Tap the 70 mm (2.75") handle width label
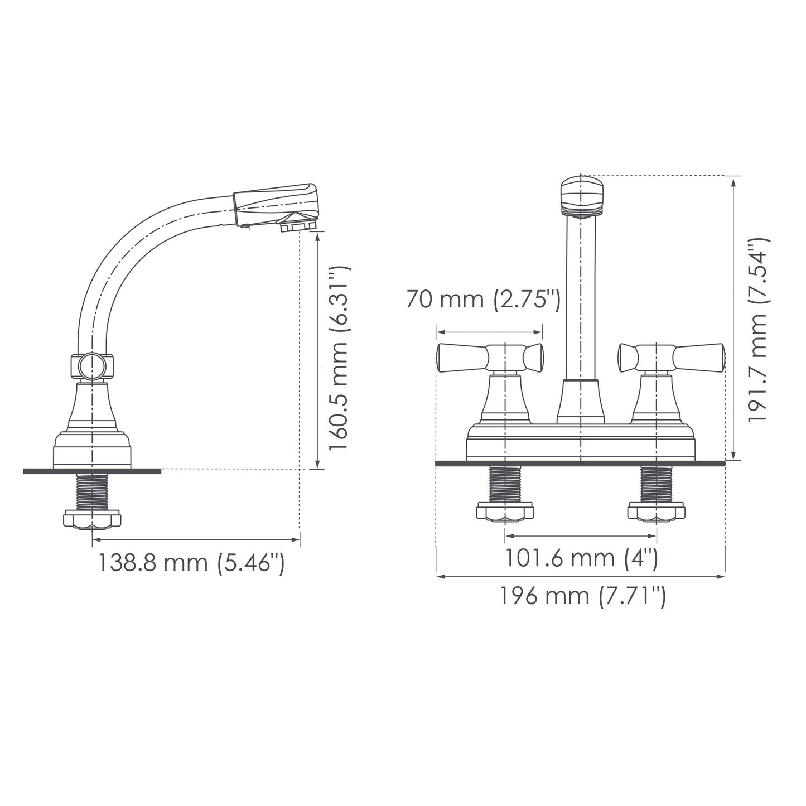point(482,300)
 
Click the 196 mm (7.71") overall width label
point(581,596)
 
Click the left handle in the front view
point(490,357)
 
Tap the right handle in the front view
point(671,357)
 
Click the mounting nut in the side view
point(92,519)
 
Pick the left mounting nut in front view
point(505,511)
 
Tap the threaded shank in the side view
point(92,491)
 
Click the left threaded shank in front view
point(505,484)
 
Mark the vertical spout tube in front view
point(581,296)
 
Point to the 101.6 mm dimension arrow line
point(581,536)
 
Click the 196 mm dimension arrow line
point(581,576)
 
